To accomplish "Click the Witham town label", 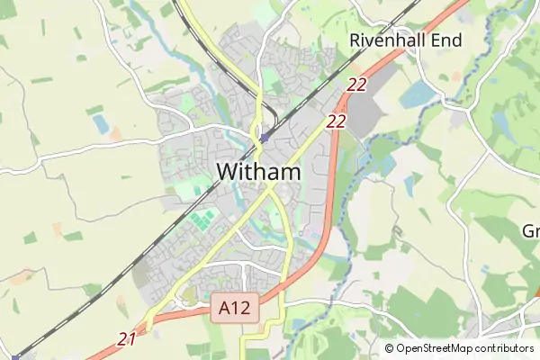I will (x=258, y=172).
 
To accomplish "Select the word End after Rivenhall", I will (x=448, y=40).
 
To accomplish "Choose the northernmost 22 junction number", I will (x=356, y=85).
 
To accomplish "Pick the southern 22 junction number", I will (x=337, y=121).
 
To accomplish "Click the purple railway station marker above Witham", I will (x=263, y=138).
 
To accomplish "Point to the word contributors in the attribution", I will (x=507, y=348).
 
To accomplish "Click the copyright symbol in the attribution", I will (x=389, y=348).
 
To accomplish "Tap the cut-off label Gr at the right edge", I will (x=531, y=230).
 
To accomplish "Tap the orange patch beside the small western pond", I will (x=116, y=133).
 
